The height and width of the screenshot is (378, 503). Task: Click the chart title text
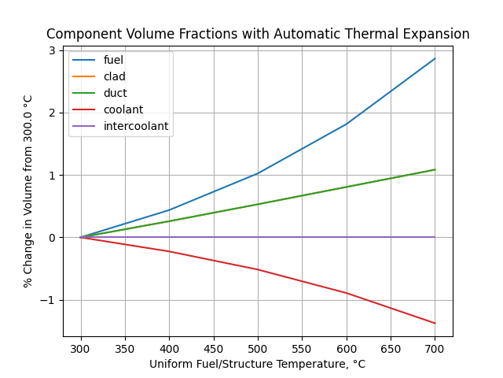[x=258, y=35]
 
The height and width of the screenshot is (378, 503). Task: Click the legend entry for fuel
[x=113, y=60]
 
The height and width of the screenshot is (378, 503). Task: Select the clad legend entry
[x=114, y=76]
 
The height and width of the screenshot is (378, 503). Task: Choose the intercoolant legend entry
[x=135, y=126]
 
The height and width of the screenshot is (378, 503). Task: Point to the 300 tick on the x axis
[x=81, y=348]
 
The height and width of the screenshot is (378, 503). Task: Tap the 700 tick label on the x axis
[x=435, y=348]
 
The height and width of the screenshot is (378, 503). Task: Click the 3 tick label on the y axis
[x=52, y=50]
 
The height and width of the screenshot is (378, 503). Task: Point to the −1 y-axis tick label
[x=49, y=300]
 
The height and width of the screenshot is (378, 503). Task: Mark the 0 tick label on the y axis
[x=52, y=238]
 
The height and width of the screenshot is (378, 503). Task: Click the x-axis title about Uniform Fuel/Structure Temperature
[x=258, y=364]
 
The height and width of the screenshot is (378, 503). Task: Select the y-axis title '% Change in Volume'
[x=28, y=191]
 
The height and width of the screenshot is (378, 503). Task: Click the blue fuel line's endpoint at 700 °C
[x=435, y=58]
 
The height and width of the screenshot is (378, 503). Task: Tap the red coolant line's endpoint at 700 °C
[x=435, y=323]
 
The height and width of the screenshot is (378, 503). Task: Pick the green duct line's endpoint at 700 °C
[x=435, y=169]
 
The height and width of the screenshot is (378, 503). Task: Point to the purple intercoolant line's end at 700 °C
[x=435, y=237]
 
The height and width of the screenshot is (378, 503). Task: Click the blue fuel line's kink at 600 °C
[x=347, y=124]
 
